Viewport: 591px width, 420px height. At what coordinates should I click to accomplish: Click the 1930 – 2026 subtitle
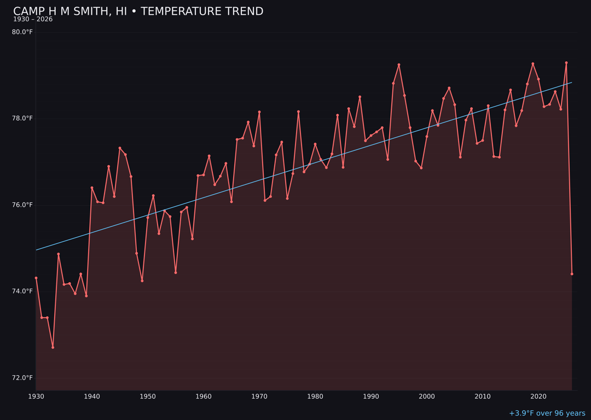click(33, 20)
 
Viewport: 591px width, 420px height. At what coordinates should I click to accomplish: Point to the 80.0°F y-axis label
click(22, 32)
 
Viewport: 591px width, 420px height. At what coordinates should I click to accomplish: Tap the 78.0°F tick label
click(22, 119)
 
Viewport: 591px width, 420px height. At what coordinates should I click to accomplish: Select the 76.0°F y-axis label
click(22, 205)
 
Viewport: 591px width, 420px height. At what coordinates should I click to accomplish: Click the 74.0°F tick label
click(22, 291)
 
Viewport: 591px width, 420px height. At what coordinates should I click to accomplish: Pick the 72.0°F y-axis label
click(22, 378)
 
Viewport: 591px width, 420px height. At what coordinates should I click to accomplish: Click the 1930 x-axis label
click(36, 396)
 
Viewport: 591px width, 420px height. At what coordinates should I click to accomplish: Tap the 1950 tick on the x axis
click(148, 396)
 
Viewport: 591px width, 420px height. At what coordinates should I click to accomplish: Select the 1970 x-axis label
click(259, 396)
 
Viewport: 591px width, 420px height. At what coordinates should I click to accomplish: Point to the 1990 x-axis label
click(371, 396)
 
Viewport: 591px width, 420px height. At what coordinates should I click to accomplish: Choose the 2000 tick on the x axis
click(427, 396)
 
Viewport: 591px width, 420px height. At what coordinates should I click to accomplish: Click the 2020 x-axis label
click(538, 396)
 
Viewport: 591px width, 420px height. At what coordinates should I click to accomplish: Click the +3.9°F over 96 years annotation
click(547, 413)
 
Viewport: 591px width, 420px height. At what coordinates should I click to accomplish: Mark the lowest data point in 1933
click(53, 347)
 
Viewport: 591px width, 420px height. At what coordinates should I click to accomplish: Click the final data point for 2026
click(572, 274)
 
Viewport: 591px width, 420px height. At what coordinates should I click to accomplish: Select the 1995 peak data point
click(399, 65)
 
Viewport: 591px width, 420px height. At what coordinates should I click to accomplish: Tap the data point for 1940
click(92, 188)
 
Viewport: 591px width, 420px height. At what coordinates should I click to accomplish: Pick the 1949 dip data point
click(142, 281)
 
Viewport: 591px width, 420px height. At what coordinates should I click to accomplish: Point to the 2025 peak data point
click(566, 63)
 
